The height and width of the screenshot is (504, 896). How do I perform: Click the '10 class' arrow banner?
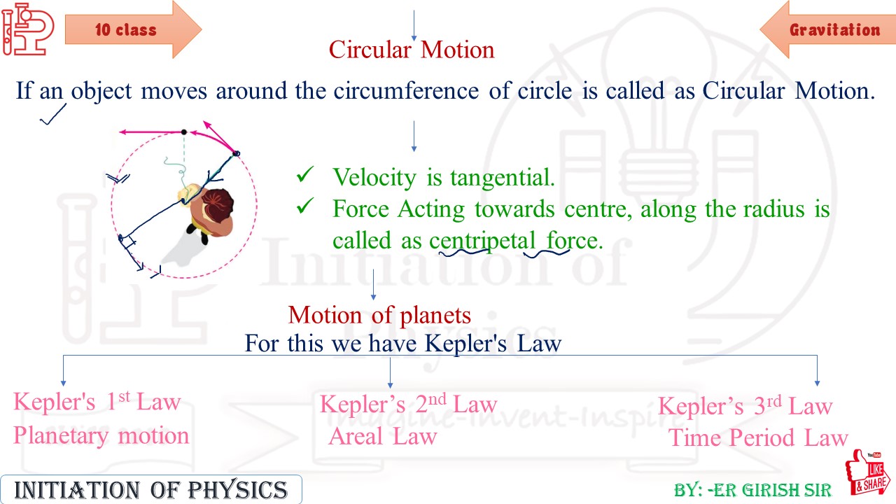point(129,29)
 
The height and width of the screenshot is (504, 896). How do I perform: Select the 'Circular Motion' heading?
point(412,50)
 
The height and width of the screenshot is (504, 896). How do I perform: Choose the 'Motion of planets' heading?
point(379,315)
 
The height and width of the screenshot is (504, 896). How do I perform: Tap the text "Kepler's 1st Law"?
point(97,402)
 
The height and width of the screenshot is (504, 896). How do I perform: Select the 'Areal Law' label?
point(383,437)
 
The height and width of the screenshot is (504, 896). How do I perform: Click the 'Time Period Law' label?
point(758,438)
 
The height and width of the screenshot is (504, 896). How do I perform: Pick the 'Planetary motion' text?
point(101,435)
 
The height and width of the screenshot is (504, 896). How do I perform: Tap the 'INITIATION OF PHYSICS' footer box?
point(151,489)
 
